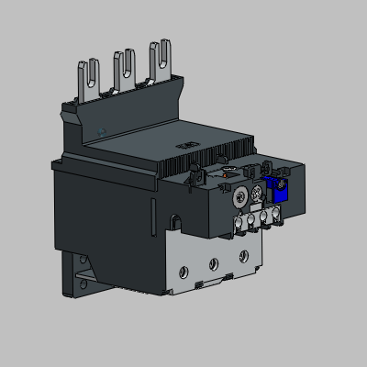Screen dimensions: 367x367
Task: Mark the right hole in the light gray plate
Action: (245, 255)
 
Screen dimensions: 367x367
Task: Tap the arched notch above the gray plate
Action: (174, 218)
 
